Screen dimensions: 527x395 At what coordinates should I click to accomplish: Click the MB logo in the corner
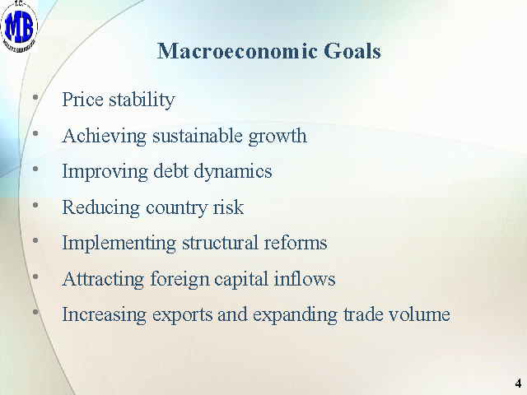pyautogui.click(x=19, y=26)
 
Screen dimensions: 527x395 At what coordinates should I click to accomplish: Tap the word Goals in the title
pyautogui.click(x=352, y=51)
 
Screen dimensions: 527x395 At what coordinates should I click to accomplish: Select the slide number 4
pyautogui.click(x=518, y=383)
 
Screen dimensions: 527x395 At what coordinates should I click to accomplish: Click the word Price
pyautogui.click(x=82, y=100)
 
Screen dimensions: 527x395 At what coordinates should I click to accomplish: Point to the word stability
pyautogui.click(x=142, y=100)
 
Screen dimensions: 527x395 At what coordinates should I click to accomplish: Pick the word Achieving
pyautogui.click(x=105, y=137)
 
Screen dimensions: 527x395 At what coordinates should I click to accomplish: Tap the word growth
pyautogui.click(x=277, y=137)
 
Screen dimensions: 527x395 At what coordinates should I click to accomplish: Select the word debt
pyautogui.click(x=170, y=171)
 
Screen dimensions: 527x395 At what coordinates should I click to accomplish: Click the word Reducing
pyautogui.click(x=100, y=208)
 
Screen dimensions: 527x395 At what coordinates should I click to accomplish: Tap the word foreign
pyautogui.click(x=180, y=280)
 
